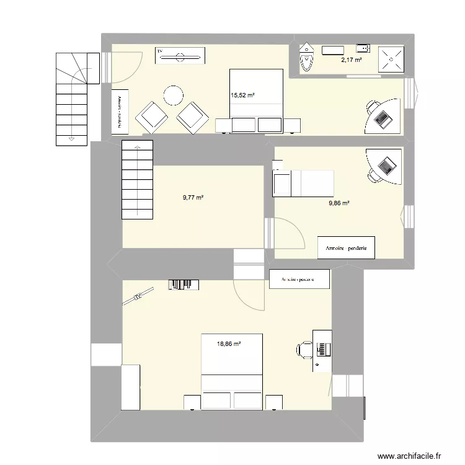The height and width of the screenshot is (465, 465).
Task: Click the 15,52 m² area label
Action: point(243,95)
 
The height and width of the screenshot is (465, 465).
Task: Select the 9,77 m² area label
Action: point(193,198)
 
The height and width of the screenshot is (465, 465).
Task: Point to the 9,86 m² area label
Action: point(339,203)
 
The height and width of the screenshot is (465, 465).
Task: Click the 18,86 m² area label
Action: point(228,342)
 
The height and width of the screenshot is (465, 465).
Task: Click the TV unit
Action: point(180,56)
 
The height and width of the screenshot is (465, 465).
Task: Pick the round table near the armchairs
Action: point(173,95)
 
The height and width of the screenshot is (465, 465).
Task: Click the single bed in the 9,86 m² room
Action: point(303,183)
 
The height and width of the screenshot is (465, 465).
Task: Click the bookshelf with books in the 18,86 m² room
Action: point(184,285)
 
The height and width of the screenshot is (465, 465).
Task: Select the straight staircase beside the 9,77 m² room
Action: point(137,180)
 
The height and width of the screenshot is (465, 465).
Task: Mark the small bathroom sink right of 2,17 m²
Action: point(363,46)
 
